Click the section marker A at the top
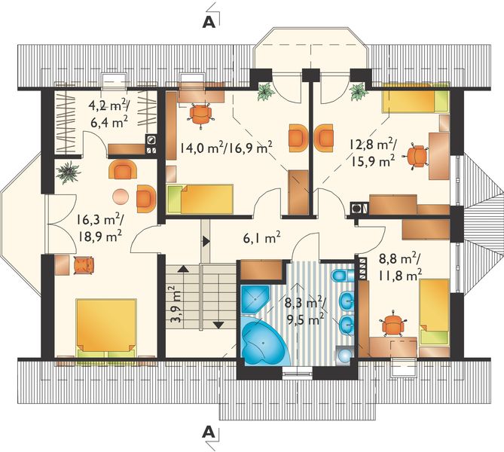(211, 22)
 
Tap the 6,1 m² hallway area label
(261, 239)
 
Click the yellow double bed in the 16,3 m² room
(105, 326)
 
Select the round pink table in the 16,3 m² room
(120, 197)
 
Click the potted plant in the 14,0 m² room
(265, 93)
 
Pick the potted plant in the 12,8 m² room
(356, 93)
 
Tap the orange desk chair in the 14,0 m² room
(200, 113)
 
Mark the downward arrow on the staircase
(218, 324)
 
